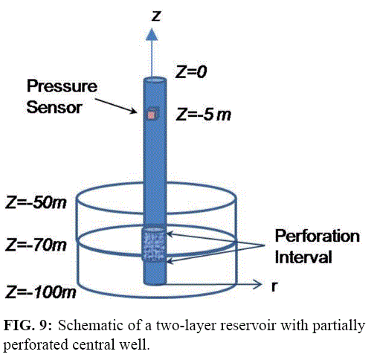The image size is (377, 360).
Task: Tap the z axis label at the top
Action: tap(156, 16)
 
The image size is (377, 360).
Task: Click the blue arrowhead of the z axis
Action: tap(152, 34)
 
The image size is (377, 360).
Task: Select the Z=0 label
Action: tap(191, 72)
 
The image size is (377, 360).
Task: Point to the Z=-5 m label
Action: tap(203, 115)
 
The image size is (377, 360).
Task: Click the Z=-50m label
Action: tap(36, 202)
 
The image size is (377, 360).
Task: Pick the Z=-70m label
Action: tap(36, 245)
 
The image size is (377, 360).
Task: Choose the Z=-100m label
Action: tap(41, 292)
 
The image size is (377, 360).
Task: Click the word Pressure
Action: tap(62, 86)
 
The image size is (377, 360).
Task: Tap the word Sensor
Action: tap(54, 107)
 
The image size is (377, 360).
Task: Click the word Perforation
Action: tap(318, 236)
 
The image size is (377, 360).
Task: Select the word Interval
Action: tap(303, 257)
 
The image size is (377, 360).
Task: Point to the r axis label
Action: tap(274, 286)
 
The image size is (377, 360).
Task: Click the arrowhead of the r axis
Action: tap(257, 284)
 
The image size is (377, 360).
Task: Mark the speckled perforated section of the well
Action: tap(154, 245)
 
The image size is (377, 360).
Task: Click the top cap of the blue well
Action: tap(155, 80)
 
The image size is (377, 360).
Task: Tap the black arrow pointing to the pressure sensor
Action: tap(116, 106)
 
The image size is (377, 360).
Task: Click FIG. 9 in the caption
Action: tap(28, 325)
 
